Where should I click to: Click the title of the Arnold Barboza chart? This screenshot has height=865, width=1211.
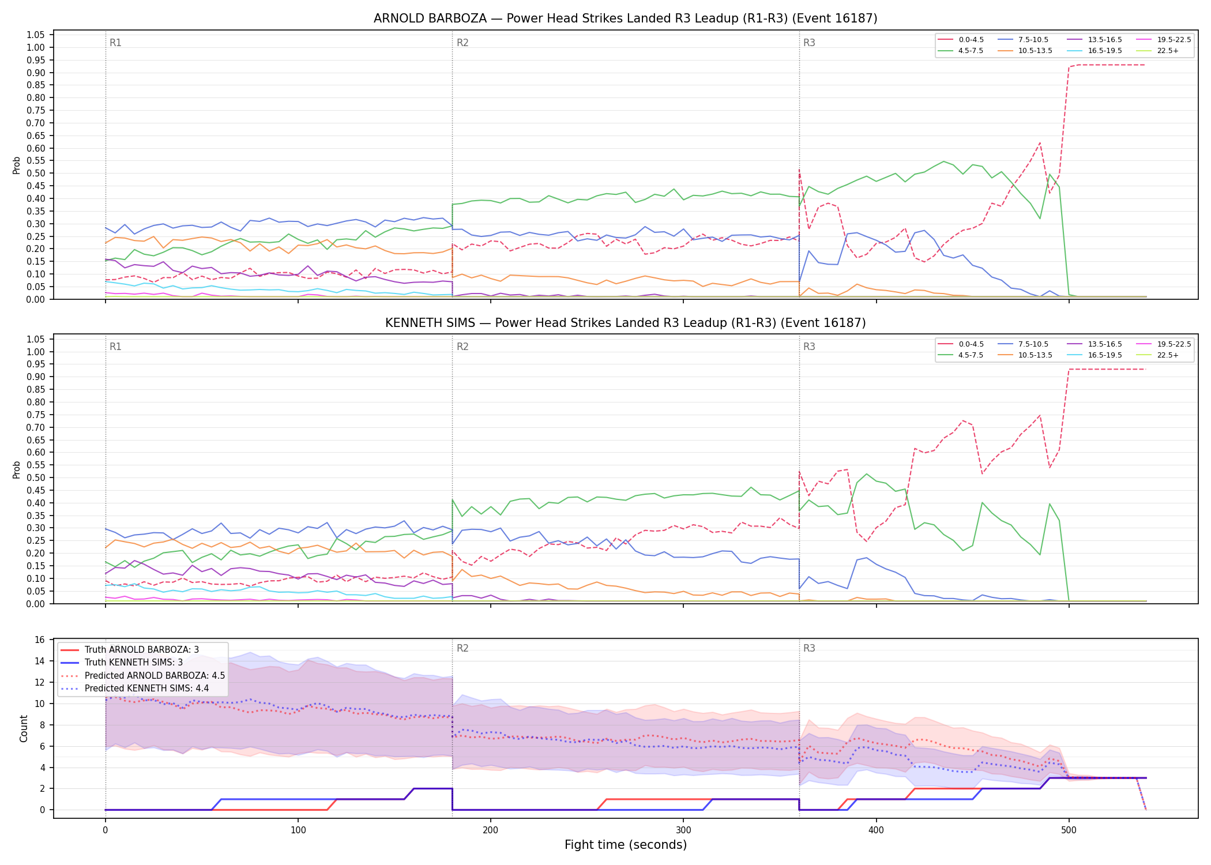click(x=625, y=18)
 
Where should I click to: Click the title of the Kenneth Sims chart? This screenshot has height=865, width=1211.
click(x=625, y=323)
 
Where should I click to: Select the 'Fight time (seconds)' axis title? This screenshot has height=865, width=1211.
click(x=626, y=845)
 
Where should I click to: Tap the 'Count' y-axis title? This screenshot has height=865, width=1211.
click(x=24, y=728)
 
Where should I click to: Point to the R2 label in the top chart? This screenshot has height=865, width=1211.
click(x=462, y=43)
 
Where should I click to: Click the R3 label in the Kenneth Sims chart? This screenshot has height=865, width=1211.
click(x=809, y=347)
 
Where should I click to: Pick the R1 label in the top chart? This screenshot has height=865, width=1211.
click(x=115, y=43)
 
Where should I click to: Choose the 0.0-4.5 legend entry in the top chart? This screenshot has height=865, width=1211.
click(x=961, y=40)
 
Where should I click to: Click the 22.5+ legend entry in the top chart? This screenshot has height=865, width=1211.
click(x=1157, y=51)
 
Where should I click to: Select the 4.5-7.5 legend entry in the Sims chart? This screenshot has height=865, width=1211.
click(x=961, y=355)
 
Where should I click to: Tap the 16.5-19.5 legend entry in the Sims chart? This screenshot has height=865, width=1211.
click(x=1095, y=355)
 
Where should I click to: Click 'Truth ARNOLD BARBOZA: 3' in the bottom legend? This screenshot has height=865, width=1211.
click(x=130, y=650)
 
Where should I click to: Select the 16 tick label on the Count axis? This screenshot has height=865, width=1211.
click(x=40, y=640)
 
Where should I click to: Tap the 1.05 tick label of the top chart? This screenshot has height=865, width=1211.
click(x=36, y=35)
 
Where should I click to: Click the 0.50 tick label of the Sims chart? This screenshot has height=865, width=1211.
click(x=36, y=477)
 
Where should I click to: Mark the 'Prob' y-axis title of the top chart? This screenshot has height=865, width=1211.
click(x=17, y=166)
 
